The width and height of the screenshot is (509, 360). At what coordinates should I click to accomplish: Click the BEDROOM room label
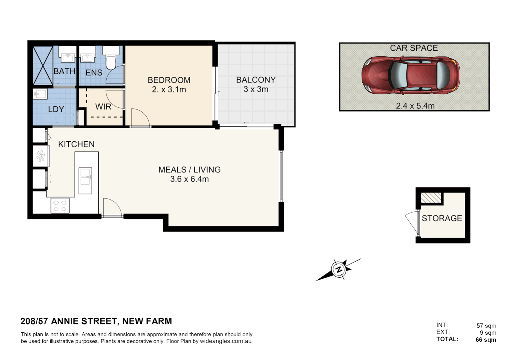coord(169,80)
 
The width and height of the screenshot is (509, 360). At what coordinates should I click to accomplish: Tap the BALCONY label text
coord(256,80)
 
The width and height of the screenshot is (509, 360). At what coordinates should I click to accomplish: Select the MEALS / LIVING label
coord(189,170)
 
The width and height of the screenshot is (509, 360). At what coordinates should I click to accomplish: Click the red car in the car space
coord(411,75)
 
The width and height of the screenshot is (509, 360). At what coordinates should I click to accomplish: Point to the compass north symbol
coord(339,269)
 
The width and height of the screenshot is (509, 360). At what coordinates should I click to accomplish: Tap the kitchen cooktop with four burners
coord(60,206)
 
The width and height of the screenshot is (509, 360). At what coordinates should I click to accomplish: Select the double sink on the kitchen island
coord(85,176)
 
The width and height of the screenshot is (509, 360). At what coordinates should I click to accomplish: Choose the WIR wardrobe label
coord(103,107)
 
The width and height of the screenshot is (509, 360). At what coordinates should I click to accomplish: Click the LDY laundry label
coord(56,109)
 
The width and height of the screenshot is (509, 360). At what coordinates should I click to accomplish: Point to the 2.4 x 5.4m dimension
coord(415,106)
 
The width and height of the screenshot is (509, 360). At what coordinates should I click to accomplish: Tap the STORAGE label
coord(442,218)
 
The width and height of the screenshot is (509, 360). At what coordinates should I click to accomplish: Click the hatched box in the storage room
coord(431,198)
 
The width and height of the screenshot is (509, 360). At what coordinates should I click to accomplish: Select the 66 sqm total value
coord(486,340)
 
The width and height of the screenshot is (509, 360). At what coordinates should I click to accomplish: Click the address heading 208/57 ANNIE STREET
coord(96,321)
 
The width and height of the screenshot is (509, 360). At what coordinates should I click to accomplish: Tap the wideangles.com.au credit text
coord(226,341)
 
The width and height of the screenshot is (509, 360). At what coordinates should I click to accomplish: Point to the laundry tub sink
coord(40,94)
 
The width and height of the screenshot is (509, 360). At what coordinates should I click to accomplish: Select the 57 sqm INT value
coord(486,326)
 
